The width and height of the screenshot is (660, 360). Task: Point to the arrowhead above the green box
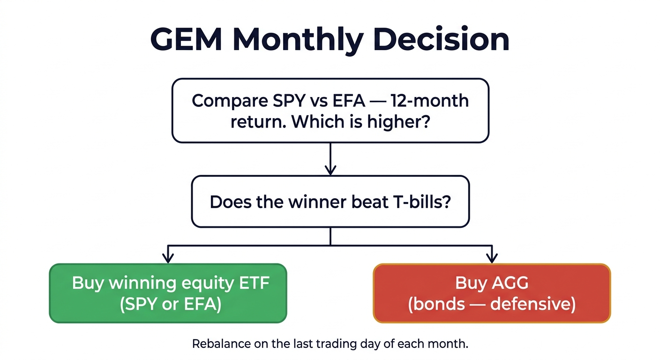(x=168, y=257)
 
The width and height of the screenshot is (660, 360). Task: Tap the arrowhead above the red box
(x=492, y=257)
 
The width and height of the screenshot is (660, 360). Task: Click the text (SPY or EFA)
(x=168, y=304)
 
